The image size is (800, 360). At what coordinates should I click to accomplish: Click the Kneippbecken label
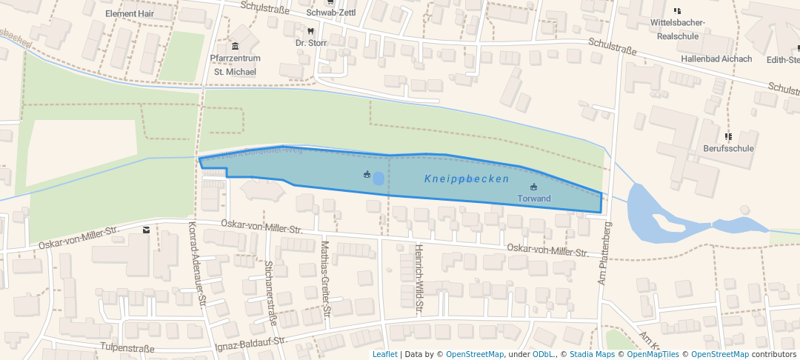[x=467, y=179]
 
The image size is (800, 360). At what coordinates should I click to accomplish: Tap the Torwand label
[x=534, y=199]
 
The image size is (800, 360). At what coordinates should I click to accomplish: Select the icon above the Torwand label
[x=534, y=187]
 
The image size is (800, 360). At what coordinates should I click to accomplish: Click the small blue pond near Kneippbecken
[x=379, y=178]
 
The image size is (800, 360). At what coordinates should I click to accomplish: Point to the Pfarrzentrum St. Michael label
[x=234, y=65]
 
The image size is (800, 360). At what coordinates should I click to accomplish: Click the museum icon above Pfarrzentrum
[x=235, y=47]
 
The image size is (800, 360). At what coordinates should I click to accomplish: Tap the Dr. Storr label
[x=310, y=43]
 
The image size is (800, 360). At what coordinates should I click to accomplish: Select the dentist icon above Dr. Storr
[x=310, y=31]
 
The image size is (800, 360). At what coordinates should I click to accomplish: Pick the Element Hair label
[x=130, y=14]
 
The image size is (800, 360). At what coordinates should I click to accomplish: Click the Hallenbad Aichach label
[x=716, y=59]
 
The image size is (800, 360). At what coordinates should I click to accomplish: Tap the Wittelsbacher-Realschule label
[x=677, y=29]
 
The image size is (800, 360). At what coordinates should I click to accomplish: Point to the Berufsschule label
[x=728, y=148]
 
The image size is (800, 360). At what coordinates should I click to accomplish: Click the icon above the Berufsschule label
[x=728, y=136]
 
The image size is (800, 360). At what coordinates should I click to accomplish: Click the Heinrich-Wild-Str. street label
[x=419, y=279]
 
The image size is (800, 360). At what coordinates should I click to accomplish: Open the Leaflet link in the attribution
[x=384, y=354]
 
